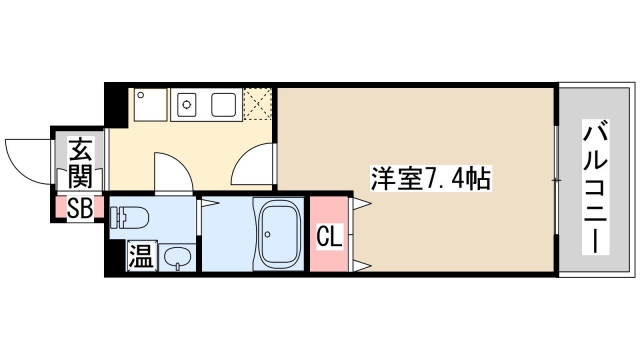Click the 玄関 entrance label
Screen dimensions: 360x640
coord(80,164)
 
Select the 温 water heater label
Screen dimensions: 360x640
coord(140,256)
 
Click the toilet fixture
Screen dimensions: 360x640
coord(133,216)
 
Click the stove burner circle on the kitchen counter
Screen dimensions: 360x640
coord(186,103)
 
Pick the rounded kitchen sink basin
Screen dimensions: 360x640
coord(222,104)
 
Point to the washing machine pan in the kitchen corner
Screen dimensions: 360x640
coord(150,104)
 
